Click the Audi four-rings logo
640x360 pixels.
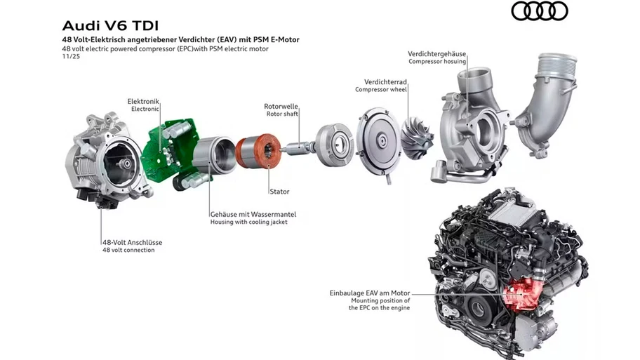(539, 11)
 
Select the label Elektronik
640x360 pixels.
(143, 101)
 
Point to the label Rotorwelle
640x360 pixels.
(282, 106)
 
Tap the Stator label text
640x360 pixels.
(279, 191)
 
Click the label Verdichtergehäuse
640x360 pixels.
(437, 53)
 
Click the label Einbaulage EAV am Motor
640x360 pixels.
(370, 292)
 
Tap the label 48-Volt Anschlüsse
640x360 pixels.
(132, 242)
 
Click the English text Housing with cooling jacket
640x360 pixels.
(248, 222)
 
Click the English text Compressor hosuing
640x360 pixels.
(437, 62)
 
